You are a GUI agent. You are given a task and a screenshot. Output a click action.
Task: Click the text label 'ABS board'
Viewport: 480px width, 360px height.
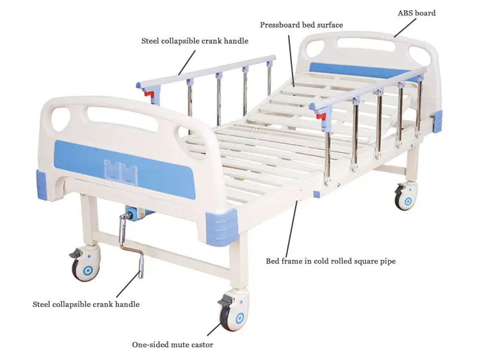click(416, 13)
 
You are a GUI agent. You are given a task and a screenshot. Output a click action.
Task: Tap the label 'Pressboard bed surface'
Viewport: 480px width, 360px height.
click(301, 25)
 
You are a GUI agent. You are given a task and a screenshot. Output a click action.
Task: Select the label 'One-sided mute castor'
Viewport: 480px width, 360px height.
click(172, 345)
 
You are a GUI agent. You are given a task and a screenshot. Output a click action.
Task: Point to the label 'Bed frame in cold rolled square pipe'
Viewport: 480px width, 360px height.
click(335, 261)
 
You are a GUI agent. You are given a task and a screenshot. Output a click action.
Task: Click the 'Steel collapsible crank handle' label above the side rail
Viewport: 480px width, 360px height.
click(195, 41)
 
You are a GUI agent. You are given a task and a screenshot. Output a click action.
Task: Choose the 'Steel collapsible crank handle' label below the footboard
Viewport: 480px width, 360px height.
click(86, 304)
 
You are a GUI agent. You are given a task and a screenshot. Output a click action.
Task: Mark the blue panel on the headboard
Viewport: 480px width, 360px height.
click(358, 70)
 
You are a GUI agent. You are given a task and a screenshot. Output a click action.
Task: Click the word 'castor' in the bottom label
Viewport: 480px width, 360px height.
click(201, 345)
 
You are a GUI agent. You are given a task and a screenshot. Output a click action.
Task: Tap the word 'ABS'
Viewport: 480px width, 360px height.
click(405, 13)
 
